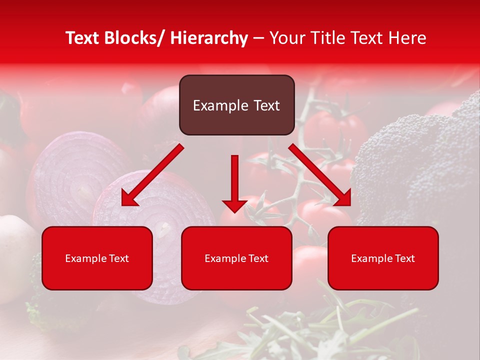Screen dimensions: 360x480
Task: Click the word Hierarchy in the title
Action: coord(209,38)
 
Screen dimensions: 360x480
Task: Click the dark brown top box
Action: coord(236,105)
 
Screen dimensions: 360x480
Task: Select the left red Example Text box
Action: coord(97,258)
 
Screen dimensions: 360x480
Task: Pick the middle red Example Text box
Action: coord(236,258)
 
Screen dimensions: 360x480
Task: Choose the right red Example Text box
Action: coord(383,258)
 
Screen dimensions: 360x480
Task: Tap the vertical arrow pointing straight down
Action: coord(234,180)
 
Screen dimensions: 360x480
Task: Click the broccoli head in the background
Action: coord(420,160)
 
